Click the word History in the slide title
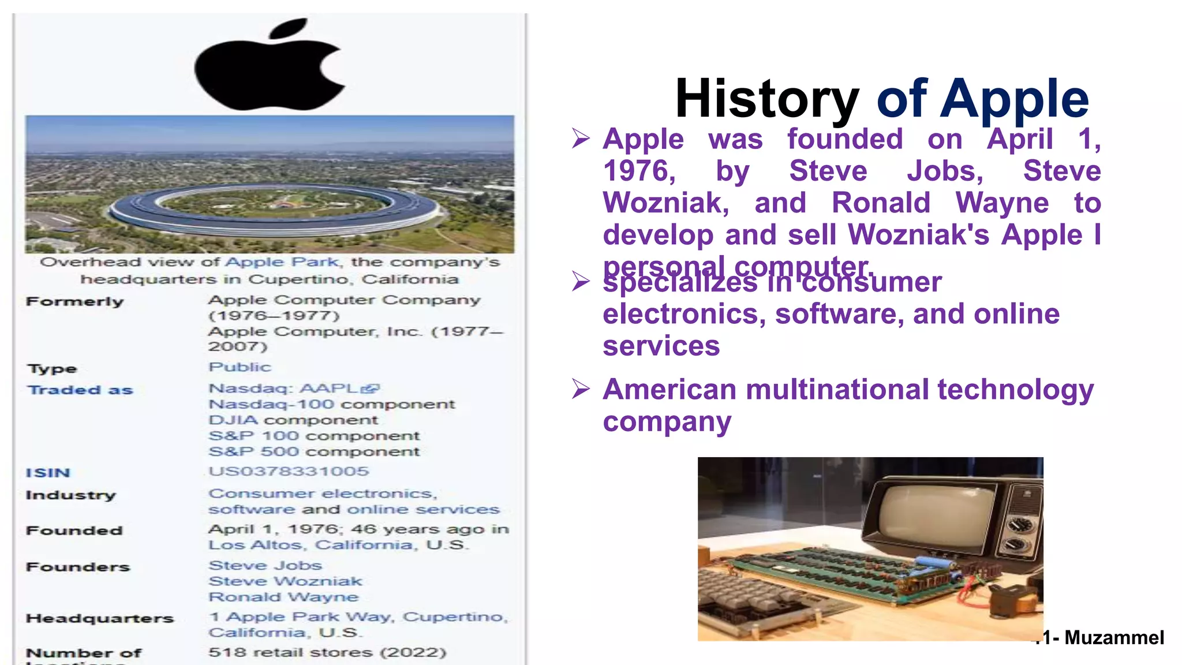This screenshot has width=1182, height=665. coord(767,99)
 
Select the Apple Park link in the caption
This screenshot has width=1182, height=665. coord(282,262)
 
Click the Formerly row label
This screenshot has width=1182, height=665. coord(75,302)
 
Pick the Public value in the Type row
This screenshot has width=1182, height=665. coord(240,367)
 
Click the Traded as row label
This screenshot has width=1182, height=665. coord(81,390)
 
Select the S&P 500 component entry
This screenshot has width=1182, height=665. coord(314,451)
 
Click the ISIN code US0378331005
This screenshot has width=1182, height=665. coord(289,472)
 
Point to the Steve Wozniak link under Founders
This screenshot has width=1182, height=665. coord(285,581)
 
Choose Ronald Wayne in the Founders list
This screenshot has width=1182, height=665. coord(283,597)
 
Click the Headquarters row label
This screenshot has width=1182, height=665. coord(100,619)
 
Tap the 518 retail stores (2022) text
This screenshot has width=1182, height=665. coord(327,652)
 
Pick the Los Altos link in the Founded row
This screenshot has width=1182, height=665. coord(255,546)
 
